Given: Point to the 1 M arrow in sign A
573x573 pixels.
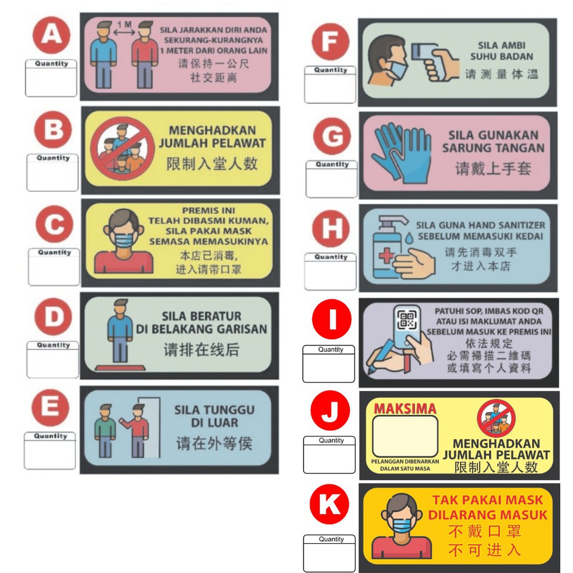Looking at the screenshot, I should (x=123, y=32).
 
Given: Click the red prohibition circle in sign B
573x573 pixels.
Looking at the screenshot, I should (x=123, y=148).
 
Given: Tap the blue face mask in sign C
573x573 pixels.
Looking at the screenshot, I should (x=124, y=239).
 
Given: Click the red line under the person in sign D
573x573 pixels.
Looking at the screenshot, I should (x=120, y=368).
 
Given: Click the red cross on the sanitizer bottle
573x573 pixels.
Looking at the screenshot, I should (x=386, y=258).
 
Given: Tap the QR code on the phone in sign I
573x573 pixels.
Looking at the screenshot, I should (x=408, y=320).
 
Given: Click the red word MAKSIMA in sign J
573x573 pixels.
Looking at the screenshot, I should (x=405, y=408).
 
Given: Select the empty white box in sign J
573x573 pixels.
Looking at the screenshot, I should (x=405, y=437).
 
